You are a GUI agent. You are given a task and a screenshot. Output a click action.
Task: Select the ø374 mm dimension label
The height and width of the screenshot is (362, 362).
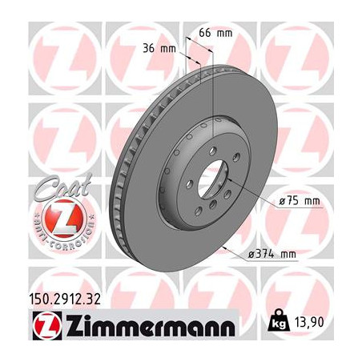(x=272, y=255)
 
